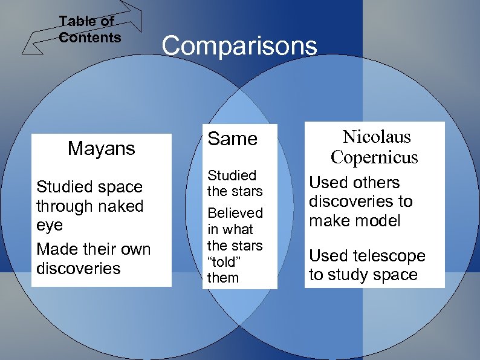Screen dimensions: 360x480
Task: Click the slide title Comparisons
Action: [x=239, y=46]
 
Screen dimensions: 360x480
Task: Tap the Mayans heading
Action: [x=102, y=148]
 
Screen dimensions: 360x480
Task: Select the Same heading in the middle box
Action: [x=232, y=139]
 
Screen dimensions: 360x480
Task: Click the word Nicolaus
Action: [x=377, y=137]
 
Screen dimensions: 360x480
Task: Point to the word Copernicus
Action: [x=374, y=157]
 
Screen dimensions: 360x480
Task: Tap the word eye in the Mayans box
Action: [x=49, y=225]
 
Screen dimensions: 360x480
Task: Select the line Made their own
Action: [x=93, y=249]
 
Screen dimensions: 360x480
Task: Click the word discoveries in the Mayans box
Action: [x=79, y=268]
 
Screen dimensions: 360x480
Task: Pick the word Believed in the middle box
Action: [x=235, y=213]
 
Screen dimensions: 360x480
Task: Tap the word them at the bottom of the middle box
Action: [x=223, y=278]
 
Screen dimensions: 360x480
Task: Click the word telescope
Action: [x=384, y=256]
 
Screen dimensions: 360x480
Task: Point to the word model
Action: [x=377, y=221]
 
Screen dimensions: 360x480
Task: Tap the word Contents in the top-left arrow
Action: [x=90, y=38]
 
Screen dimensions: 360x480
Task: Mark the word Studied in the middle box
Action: [x=232, y=175]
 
